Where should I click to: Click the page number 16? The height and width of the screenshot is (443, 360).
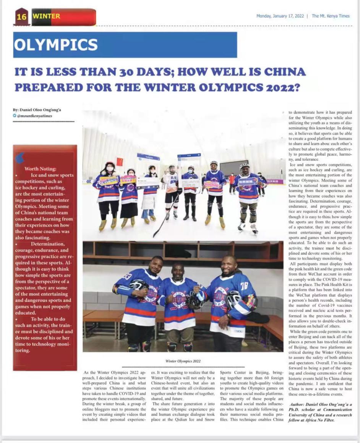coord(21,17)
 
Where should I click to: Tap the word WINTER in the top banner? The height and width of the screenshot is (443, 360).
coord(47,16)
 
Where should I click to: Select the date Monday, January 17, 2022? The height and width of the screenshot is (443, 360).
coord(280,16)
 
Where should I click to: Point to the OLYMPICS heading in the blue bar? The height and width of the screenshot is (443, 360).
coord(56,45)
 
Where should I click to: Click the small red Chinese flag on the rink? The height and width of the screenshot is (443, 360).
coord(120,162)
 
